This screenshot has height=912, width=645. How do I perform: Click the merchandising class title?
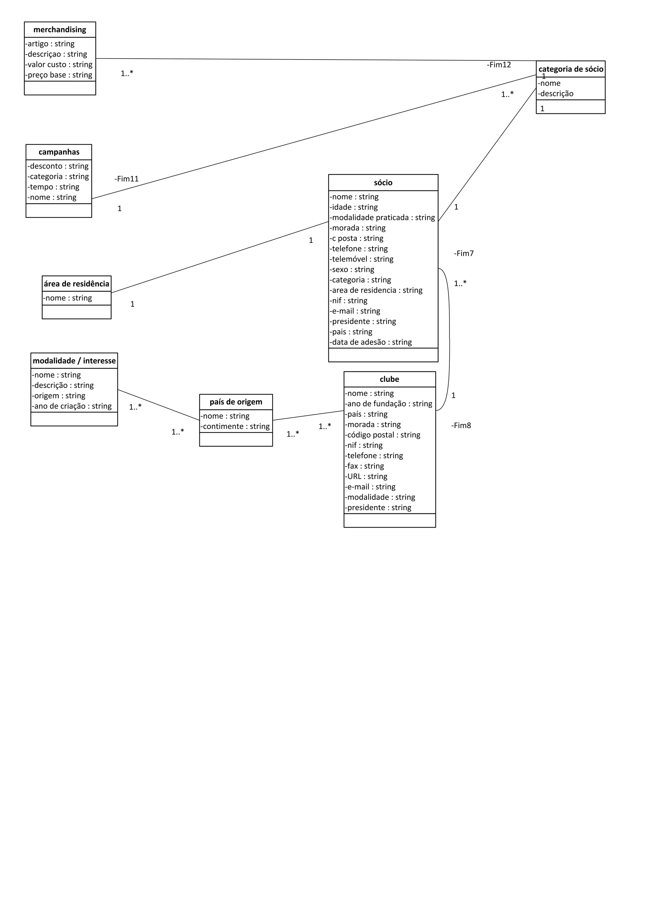pos(60,30)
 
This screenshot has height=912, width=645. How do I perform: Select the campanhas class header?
pos(59,152)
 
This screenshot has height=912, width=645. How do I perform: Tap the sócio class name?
pos(383,183)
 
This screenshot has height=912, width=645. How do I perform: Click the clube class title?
pos(389,379)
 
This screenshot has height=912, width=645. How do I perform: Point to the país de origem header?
pos(236,402)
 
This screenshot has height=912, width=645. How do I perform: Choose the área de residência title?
pos(76,284)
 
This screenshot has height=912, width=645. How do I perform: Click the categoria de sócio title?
pos(571,69)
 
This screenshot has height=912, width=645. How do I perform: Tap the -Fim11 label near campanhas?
pos(127,179)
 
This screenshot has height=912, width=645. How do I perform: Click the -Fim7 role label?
pos(464,254)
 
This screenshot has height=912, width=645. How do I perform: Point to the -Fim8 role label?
pos(461,425)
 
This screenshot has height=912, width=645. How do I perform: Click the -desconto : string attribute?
pos(58,166)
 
